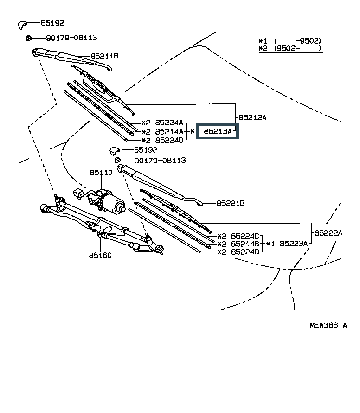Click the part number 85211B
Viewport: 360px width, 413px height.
[x=104, y=56]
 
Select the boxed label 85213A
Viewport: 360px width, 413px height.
[x=217, y=131]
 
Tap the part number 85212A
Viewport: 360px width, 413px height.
[x=252, y=117]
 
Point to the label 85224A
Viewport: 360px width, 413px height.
[x=169, y=123]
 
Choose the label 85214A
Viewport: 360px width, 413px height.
[x=169, y=131]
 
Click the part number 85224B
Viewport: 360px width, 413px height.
[x=169, y=140]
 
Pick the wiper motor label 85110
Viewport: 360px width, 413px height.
[x=101, y=173]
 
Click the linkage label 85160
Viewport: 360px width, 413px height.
[x=101, y=255]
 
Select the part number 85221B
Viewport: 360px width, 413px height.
[x=230, y=203]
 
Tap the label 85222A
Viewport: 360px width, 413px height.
[x=328, y=233]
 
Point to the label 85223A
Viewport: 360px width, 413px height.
[x=294, y=243]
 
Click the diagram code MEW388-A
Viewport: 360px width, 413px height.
[x=328, y=325]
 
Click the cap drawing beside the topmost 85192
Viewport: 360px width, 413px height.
[x=23, y=24]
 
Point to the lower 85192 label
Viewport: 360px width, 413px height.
[x=146, y=150]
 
